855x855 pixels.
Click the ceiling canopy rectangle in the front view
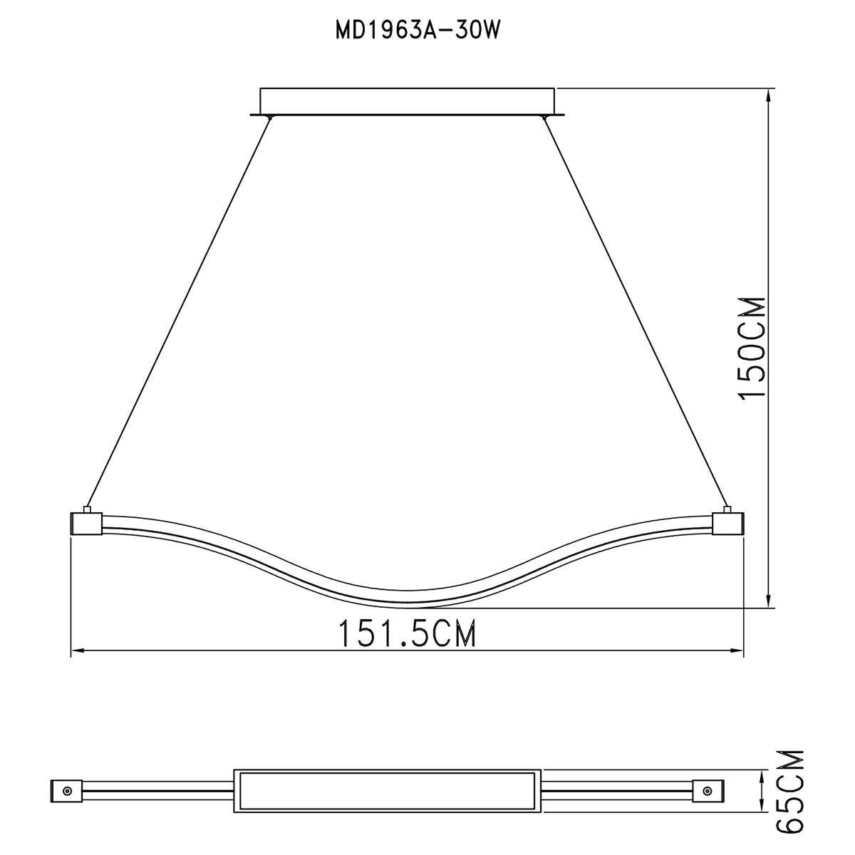click(407, 100)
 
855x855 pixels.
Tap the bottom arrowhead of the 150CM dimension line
click(768, 601)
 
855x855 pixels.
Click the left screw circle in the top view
click(66, 791)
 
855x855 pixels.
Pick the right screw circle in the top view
click(708, 791)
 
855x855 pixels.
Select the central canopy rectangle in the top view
click(388, 790)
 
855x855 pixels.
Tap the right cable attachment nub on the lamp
click(727, 509)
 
